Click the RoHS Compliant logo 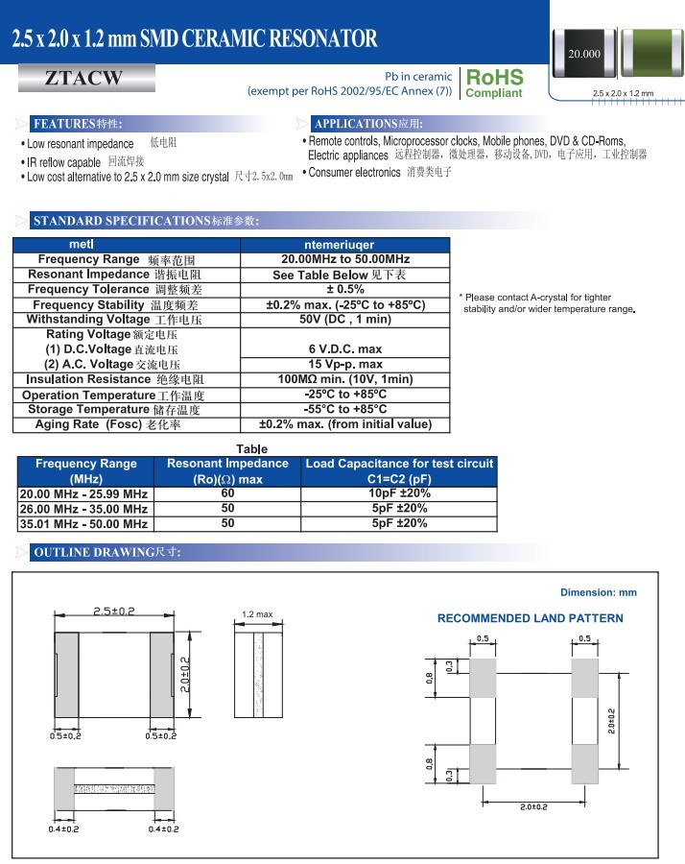tap(494, 83)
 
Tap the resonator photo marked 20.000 tap(584, 55)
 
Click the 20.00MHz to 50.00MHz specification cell tap(345, 260)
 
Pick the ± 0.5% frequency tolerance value tap(345, 289)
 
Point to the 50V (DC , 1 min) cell tap(345, 319)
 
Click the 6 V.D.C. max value tap(345, 348)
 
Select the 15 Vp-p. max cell tap(345, 364)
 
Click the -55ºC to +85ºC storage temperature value tap(345, 409)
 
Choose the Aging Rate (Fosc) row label tap(107, 424)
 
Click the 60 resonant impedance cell tap(227, 493)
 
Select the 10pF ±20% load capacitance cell tap(400, 493)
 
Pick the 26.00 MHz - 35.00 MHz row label tap(84, 509)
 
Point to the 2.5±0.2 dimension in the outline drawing tap(114, 612)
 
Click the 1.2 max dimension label tap(257, 614)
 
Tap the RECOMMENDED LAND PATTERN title tap(531, 618)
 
